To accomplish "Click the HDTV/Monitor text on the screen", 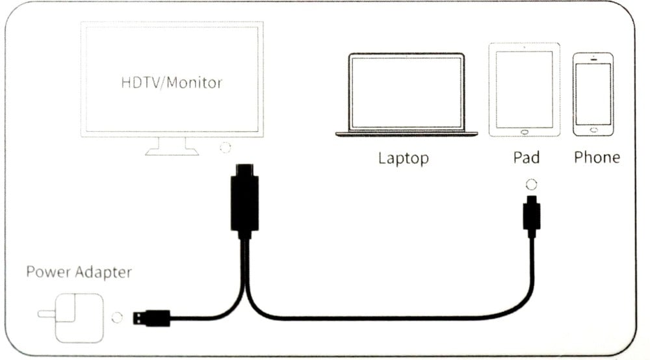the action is click(x=172, y=83).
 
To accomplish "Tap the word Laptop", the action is click(x=404, y=159).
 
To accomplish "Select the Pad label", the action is click(x=526, y=157).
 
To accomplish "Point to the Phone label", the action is click(x=597, y=157).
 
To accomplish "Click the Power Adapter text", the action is click(x=79, y=272).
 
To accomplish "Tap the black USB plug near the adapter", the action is click(x=151, y=318).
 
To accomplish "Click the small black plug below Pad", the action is click(x=532, y=216).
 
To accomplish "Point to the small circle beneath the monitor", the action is click(x=225, y=148).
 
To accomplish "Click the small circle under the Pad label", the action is click(x=531, y=185).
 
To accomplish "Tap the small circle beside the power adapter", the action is click(x=117, y=318).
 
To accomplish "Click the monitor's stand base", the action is click(x=172, y=152).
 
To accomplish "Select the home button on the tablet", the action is click(x=525, y=132).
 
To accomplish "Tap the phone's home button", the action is click(x=593, y=130).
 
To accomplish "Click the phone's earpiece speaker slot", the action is click(x=593, y=60).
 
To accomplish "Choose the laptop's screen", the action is click(x=406, y=92).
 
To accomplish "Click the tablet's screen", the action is click(x=525, y=90).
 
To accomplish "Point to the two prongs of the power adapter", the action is click(x=46, y=314).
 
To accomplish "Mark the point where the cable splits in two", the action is click(x=245, y=290).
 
